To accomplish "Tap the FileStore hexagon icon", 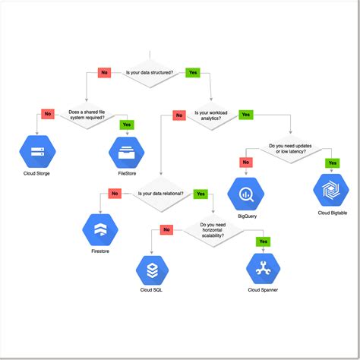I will pyautogui.click(x=126, y=152).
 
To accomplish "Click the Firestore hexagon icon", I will pyautogui.click(x=100, y=228).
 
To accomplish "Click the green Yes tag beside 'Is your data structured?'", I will pyautogui.click(x=193, y=73).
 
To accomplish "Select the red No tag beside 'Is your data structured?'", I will pyautogui.click(x=105, y=73).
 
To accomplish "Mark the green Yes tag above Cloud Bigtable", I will pyautogui.click(x=331, y=163).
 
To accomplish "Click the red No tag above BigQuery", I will pyautogui.click(x=245, y=163).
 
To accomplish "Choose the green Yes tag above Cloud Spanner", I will pyautogui.click(x=263, y=242).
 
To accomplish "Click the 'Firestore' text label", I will pyautogui.click(x=100, y=250).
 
